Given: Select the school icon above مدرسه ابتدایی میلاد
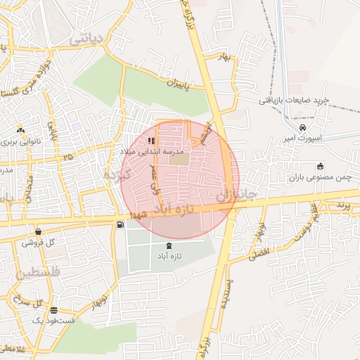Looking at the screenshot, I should [151, 141].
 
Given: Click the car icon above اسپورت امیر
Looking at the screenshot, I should [302, 127].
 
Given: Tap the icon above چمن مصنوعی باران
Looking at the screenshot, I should [320, 167].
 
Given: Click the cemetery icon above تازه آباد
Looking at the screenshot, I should [169, 245].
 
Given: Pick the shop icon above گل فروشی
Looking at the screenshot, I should [37, 231].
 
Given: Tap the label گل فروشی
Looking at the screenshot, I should [38, 243].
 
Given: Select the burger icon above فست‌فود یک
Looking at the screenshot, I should [53, 309].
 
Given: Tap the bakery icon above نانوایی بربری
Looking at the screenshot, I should [20, 130].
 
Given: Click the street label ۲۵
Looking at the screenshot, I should [67, 157].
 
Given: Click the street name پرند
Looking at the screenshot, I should [342, 205].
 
